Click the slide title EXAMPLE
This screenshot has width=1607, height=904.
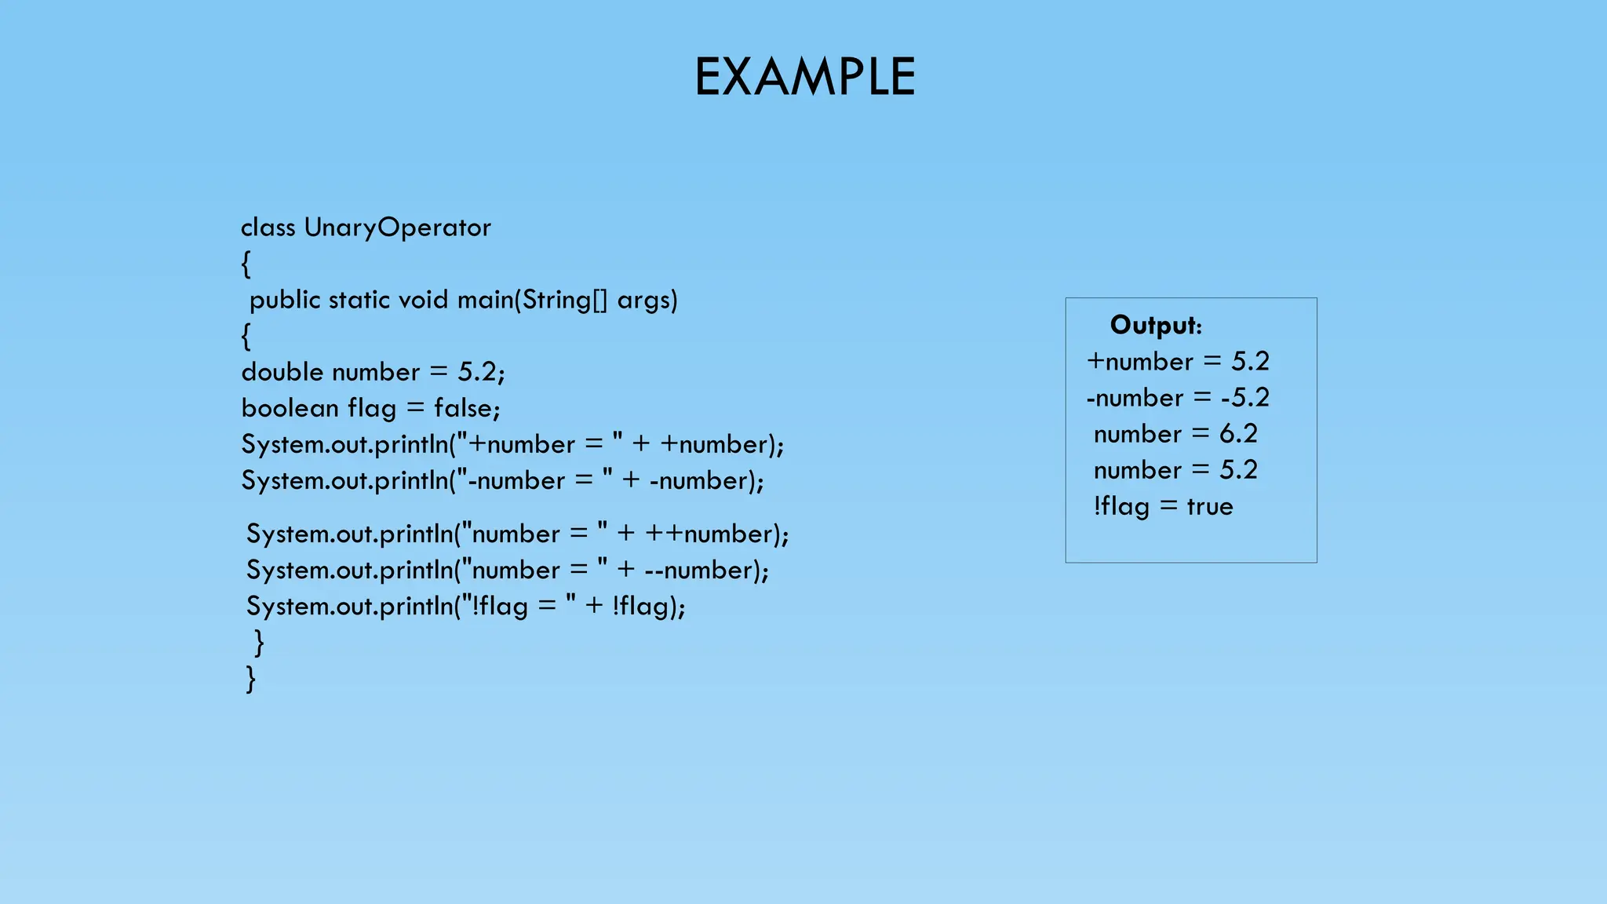804,77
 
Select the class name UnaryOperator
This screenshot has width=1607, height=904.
397,228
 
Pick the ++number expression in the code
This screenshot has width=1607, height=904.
709,534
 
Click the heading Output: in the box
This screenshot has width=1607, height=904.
1155,325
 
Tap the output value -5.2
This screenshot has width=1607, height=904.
1244,398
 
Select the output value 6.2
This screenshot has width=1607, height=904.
1238,434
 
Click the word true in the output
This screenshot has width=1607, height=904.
1209,507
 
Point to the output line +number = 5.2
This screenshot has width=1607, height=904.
1178,362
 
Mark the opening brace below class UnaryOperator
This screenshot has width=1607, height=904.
246,264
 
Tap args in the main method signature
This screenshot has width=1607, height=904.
647,300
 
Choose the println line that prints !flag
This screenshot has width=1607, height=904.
465,607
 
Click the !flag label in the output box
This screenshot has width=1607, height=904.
1121,507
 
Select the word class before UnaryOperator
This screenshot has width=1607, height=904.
268,228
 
